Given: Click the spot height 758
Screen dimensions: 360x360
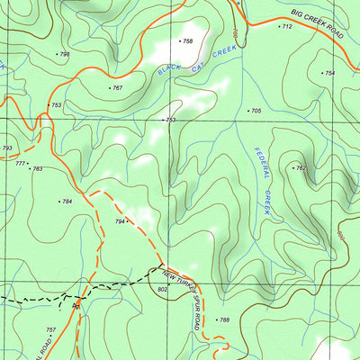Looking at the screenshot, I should [x=187, y=41].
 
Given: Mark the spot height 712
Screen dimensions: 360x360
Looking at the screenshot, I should [x=286, y=27].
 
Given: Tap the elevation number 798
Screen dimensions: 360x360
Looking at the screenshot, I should [x=63, y=54].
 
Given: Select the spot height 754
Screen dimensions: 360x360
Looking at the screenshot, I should [x=328, y=73].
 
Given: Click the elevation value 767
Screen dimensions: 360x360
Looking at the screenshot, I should [x=117, y=88].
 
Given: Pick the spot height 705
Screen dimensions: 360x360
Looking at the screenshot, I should [x=256, y=111].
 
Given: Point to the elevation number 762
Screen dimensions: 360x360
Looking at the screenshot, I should [x=301, y=168].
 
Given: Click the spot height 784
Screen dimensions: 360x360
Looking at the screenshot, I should [x=67, y=202].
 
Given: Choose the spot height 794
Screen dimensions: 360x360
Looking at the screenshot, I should [x=120, y=221].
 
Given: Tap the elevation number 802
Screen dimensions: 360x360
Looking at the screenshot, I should [x=162, y=289].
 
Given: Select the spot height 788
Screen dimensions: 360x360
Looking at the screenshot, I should [x=224, y=320].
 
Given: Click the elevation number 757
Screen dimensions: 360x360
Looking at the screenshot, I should [x=50, y=330].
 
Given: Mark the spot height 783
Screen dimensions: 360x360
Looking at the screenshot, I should [x=37, y=168].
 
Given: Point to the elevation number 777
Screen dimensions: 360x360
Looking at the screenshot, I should [x=20, y=163].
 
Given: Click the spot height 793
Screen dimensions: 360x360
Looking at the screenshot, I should [x=7, y=148].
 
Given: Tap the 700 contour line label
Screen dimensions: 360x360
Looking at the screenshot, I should [x=235, y=34].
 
